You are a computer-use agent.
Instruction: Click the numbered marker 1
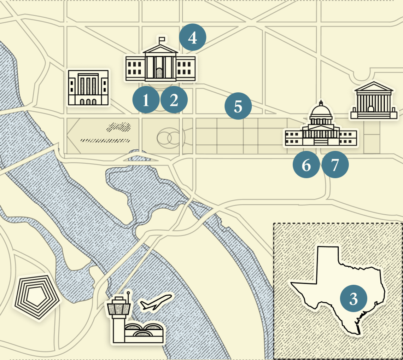(146, 100)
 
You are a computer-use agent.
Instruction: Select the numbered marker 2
(174, 100)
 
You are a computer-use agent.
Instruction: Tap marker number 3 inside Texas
(354, 299)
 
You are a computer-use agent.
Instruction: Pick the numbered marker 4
(193, 37)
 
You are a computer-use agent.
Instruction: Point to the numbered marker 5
(238, 106)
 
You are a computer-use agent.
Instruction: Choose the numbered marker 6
(306, 164)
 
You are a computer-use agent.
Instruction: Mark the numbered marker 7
(335, 164)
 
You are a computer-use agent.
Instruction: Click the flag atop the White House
(162, 39)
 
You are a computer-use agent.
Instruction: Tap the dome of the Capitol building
(321, 111)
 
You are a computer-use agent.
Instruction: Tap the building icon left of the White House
(88, 88)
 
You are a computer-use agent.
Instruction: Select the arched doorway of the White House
(160, 73)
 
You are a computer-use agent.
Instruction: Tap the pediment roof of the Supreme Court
(373, 87)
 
